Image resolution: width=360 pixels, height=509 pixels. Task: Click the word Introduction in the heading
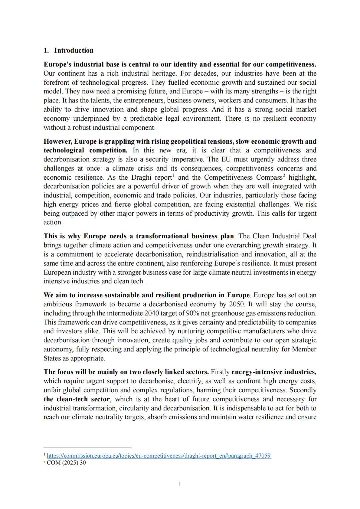[74, 50]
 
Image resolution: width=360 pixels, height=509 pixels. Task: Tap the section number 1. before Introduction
[46, 50]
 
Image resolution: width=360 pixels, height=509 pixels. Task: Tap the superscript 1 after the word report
[174, 175]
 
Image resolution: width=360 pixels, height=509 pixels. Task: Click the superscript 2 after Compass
[284, 175]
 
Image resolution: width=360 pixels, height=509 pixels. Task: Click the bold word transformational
[162, 236]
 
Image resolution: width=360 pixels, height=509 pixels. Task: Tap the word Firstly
[220, 372]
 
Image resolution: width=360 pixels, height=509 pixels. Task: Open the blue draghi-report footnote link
[159, 456]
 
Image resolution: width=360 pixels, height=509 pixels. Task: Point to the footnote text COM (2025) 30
[66, 463]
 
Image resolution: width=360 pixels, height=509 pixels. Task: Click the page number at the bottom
[180, 484]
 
